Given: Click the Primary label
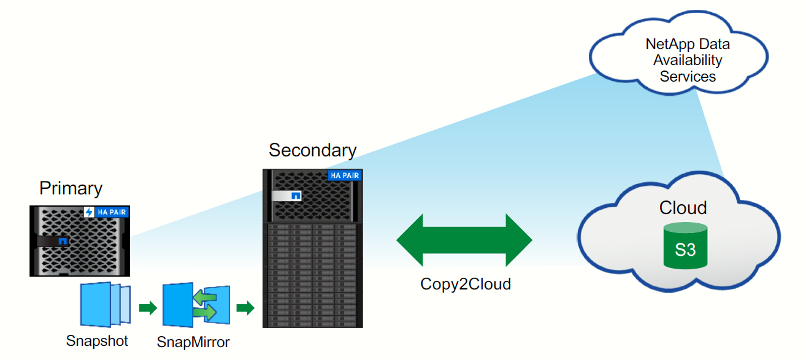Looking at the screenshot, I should pos(71,188).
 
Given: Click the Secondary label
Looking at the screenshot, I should pos(312,150).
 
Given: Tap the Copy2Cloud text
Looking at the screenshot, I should pos(466,284).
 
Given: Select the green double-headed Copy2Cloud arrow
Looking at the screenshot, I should pos(464,240).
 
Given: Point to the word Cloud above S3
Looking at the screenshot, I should pos(683,207).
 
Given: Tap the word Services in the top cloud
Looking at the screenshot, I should pos(688,77).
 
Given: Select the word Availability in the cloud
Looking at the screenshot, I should pos(688,60).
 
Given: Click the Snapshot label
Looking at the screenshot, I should pos(97,341).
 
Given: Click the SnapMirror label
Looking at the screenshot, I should pos(193,342).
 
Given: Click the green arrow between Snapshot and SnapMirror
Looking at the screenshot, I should pos(148,307).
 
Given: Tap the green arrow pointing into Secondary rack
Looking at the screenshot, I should pos(245,308).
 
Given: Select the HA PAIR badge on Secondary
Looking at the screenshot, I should pos(345,175).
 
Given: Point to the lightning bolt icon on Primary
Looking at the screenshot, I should pos(89,212).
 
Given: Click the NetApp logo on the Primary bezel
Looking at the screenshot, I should pos(63,241).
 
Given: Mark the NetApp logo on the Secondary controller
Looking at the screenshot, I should pos(296,196).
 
